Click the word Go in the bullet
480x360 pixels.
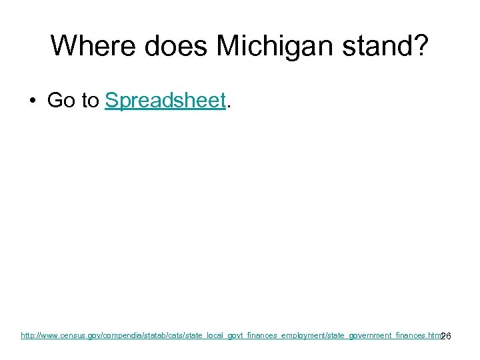click(x=61, y=101)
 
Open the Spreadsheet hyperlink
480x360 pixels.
click(x=165, y=101)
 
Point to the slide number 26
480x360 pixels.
click(x=447, y=336)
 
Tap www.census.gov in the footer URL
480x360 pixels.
click(x=72, y=335)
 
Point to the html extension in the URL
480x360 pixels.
click(x=433, y=335)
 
